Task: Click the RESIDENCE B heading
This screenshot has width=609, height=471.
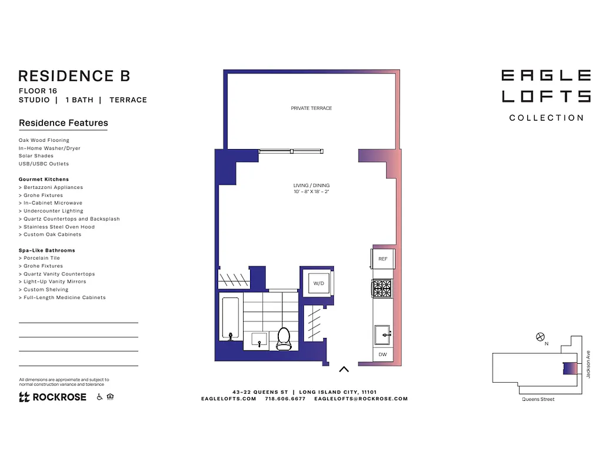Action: click(x=74, y=76)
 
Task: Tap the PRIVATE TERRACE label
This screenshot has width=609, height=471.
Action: click(x=311, y=108)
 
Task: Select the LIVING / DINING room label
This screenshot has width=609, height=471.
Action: click(x=311, y=188)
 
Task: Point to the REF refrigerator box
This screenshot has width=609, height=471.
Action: click(x=382, y=259)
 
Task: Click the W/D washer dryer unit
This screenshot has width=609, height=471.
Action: click(x=318, y=283)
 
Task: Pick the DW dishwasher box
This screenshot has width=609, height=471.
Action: click(x=382, y=354)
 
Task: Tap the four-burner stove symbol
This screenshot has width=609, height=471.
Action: click(x=382, y=288)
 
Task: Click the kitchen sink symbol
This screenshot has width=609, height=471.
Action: click(x=383, y=334)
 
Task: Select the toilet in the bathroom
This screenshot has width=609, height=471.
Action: click(x=284, y=339)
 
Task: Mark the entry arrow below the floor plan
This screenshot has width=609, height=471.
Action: click(x=344, y=370)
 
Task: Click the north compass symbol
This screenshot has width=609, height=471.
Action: click(x=540, y=337)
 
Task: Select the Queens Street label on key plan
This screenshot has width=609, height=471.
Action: click(x=538, y=399)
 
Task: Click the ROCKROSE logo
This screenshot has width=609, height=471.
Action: click(x=53, y=397)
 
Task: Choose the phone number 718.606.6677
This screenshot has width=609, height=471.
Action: click(x=285, y=399)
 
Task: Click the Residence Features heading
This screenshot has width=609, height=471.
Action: click(x=64, y=123)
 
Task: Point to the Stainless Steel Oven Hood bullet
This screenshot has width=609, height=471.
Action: click(x=59, y=227)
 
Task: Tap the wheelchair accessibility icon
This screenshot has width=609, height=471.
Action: click(x=99, y=397)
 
